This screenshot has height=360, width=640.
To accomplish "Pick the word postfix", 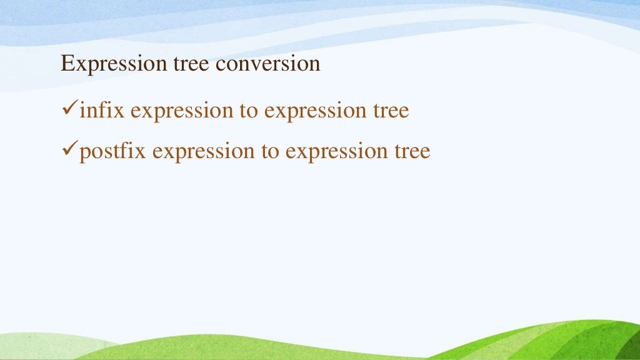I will coord(113,151).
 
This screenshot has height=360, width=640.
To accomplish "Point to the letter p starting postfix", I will coord(84,153).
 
